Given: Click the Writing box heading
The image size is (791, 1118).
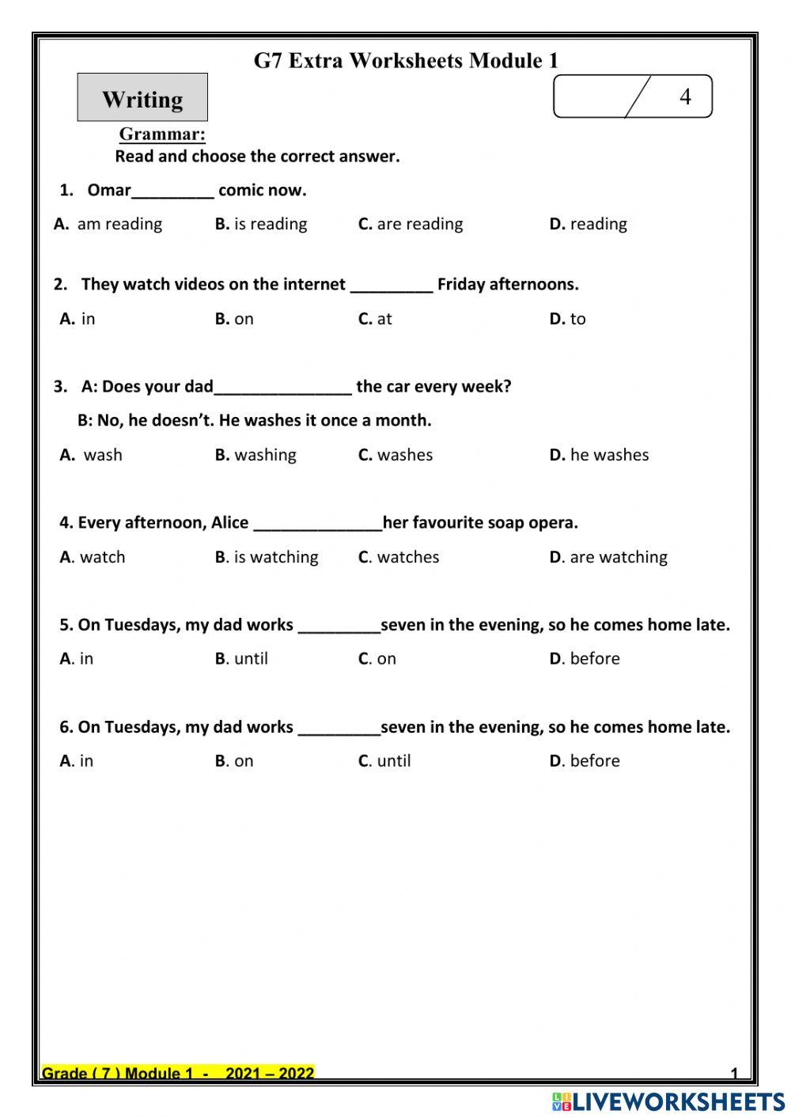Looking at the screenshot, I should click(x=142, y=99).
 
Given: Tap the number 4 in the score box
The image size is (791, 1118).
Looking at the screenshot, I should click(x=685, y=97).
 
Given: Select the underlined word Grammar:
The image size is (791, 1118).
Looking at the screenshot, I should click(x=162, y=134).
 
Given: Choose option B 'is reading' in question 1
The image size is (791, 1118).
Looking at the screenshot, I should click(x=261, y=224).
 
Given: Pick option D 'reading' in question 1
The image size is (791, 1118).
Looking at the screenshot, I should click(x=589, y=224).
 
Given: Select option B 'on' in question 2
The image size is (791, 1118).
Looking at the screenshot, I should click(x=234, y=319).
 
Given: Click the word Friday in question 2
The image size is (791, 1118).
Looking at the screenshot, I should click(x=460, y=284).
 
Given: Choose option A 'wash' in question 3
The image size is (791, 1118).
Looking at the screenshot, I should click(x=92, y=455).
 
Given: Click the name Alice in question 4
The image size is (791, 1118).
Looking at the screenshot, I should click(x=229, y=522).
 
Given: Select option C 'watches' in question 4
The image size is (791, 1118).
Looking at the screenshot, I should click(x=399, y=557).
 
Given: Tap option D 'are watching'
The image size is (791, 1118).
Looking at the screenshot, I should click(x=608, y=557).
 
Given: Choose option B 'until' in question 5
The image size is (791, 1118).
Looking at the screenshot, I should click(x=241, y=658).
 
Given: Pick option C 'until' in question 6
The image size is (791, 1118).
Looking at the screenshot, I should click(x=384, y=760).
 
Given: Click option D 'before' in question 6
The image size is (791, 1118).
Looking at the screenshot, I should click(x=585, y=760).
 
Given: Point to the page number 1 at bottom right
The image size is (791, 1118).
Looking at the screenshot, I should click(x=734, y=1074).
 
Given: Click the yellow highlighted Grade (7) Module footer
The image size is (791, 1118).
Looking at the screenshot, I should click(x=178, y=1073).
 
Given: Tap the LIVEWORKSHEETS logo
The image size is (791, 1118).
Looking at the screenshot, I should click(x=668, y=1101).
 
